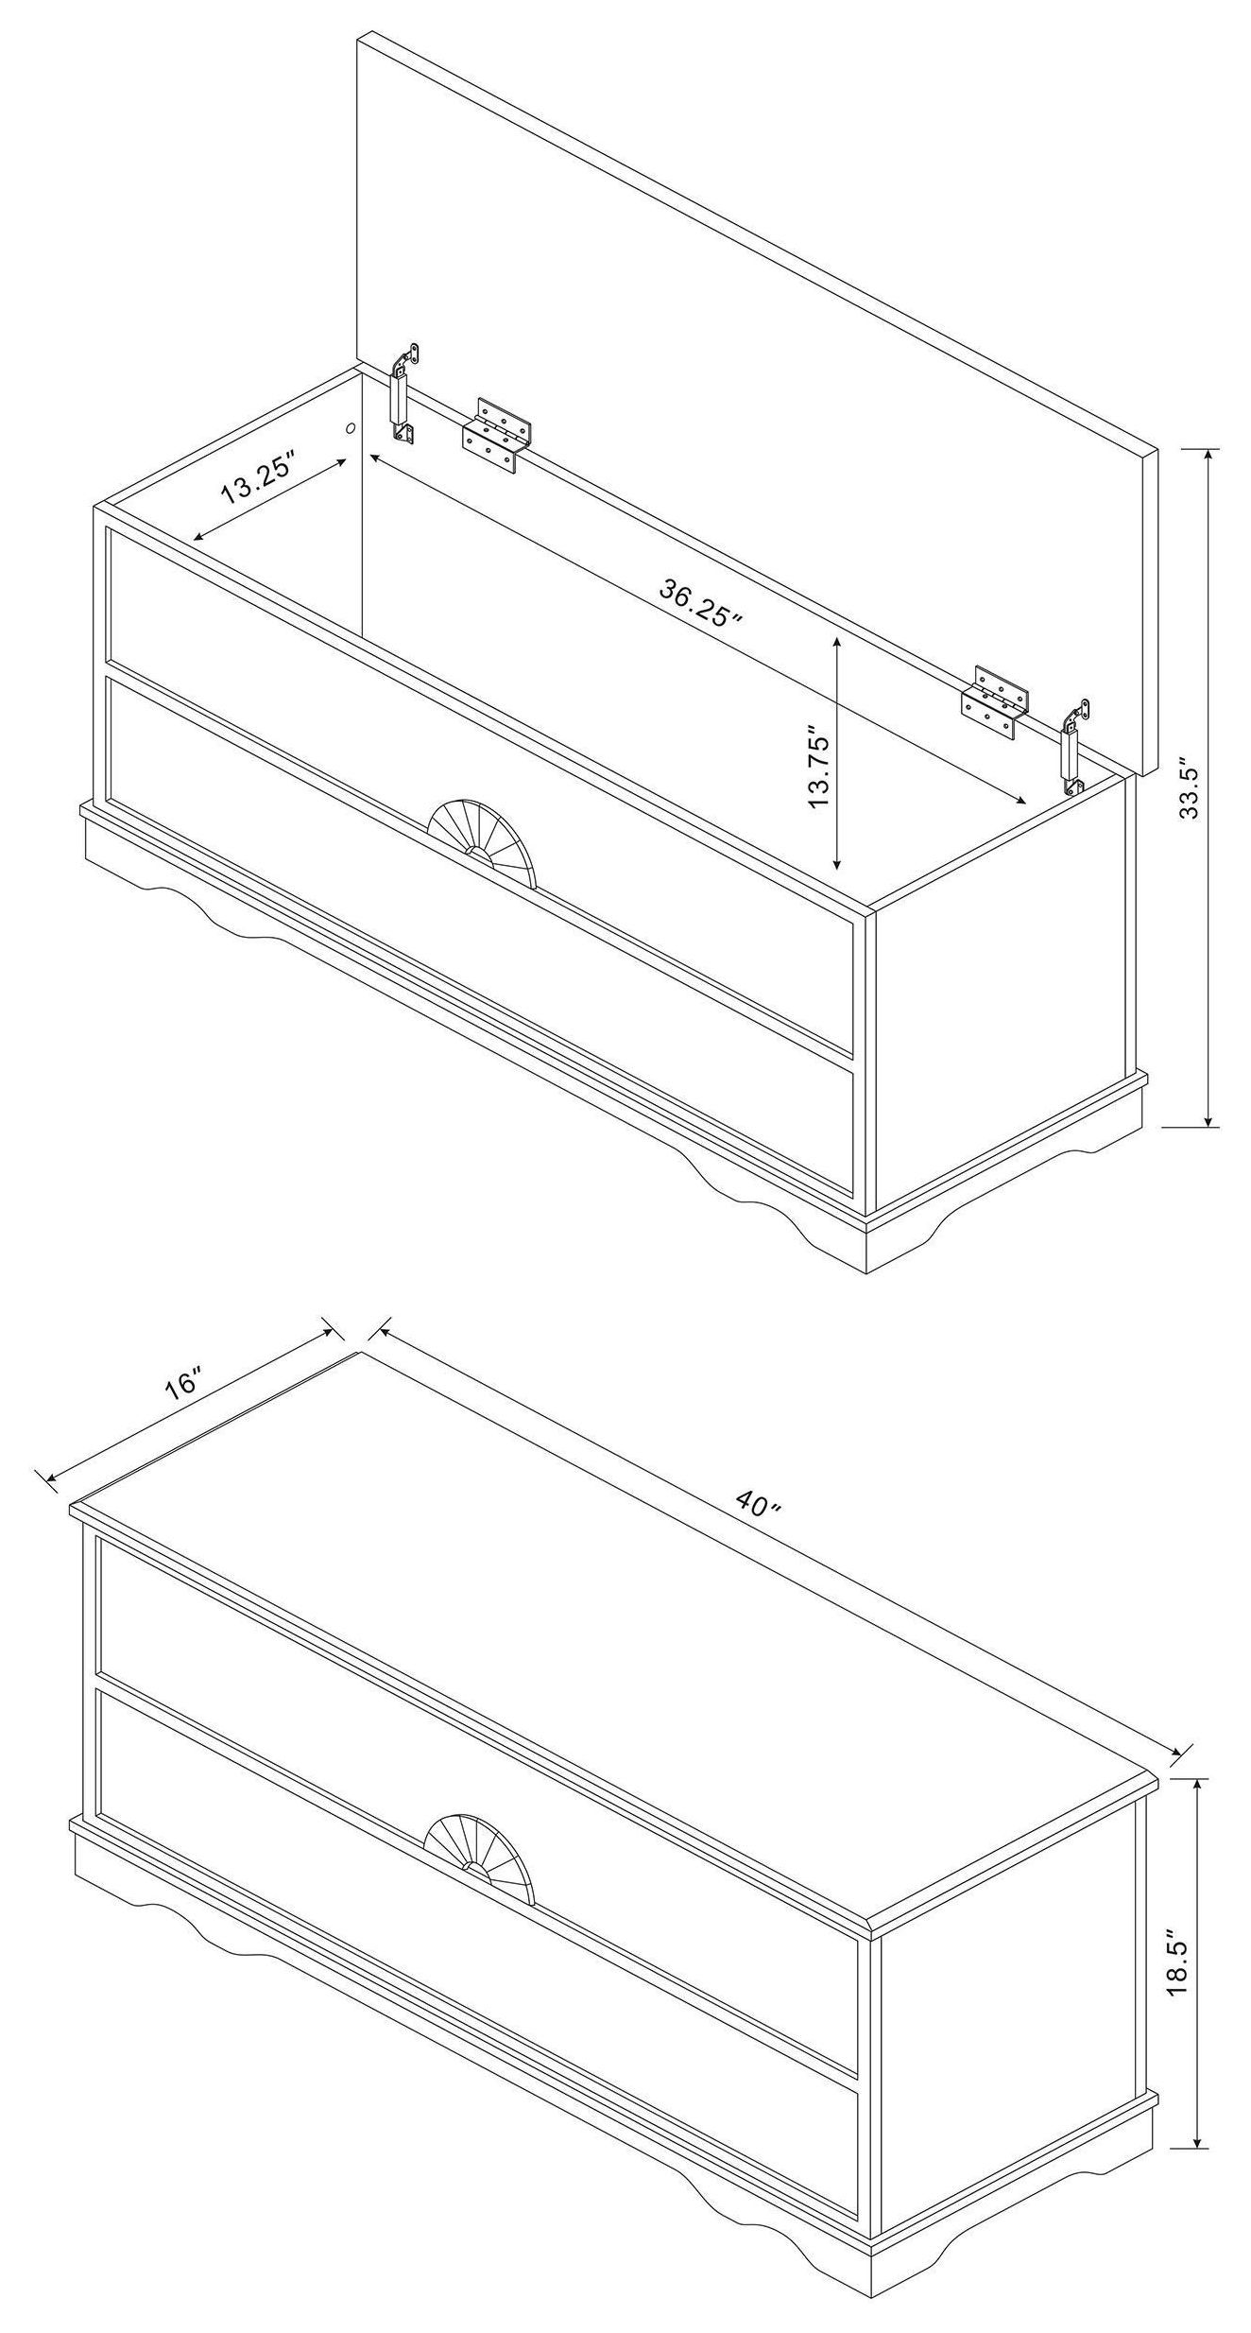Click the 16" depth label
point(183,1382)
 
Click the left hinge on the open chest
point(497,434)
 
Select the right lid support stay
point(1073,747)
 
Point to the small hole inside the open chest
point(351,428)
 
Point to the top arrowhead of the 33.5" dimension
point(1208,458)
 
